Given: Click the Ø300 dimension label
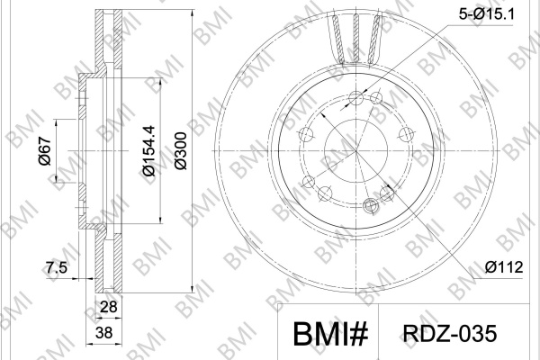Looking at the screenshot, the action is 181,150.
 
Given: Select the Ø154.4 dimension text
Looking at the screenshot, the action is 149,150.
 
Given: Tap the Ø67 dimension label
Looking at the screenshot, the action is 45,150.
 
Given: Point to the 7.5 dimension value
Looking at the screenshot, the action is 57,267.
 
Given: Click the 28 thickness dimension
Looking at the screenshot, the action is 108,306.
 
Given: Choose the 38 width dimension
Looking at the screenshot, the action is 104,333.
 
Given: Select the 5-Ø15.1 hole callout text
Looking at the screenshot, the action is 486,14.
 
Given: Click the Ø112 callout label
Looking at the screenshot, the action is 504,267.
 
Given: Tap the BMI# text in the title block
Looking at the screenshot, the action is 330,334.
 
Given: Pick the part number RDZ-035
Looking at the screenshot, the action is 450,334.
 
